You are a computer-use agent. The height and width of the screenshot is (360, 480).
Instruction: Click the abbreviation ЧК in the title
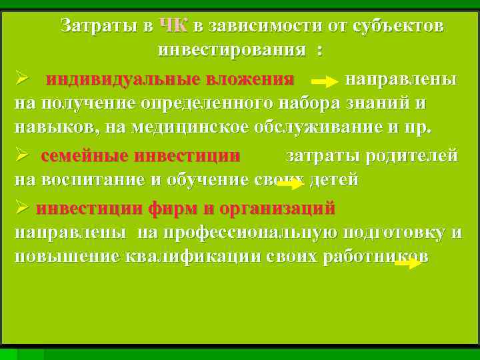(x=174, y=26)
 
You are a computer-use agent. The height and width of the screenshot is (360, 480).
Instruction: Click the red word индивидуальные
(x=123, y=79)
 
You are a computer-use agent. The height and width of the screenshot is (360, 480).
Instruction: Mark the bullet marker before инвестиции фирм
(x=22, y=209)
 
